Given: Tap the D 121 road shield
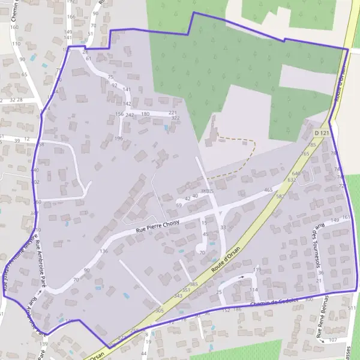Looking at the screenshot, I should [x=322, y=132].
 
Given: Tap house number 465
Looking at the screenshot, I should [x=268, y=190].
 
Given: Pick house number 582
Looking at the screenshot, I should [x=280, y=196].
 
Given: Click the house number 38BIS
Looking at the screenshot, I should [x=207, y=191].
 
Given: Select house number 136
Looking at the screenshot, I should [x=104, y=251].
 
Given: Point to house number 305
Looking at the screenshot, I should [x=159, y=310].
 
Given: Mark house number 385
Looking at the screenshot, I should [x=193, y=284].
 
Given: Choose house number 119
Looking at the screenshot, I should [x=257, y=270].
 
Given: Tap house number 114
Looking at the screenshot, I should [x=253, y=290].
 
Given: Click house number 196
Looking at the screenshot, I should [x=119, y=139].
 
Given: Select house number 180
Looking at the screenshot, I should [x=145, y=113].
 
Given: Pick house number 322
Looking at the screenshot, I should [x=175, y=118].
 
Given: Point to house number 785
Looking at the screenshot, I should [x=311, y=145].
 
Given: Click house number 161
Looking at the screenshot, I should [x=346, y=217].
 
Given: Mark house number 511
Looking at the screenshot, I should [x=351, y=308].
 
